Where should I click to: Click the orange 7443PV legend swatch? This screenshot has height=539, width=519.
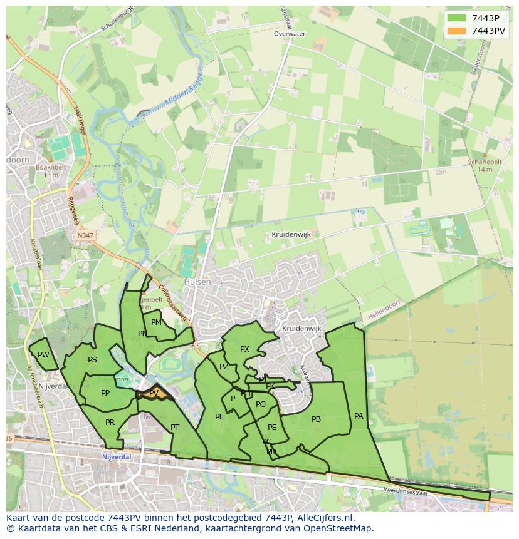pos(457,31)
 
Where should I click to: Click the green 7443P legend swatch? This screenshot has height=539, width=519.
pos(457,18)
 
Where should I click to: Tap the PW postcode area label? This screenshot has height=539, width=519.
pos(43,355)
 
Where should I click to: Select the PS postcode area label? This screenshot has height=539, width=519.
pos(92,360)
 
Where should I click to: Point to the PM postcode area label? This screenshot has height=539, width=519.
pos(156,322)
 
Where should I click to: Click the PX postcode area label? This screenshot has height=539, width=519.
pos(244,349)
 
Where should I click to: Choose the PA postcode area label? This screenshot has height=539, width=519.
pos(359,416)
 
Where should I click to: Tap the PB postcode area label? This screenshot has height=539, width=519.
pos(316,419)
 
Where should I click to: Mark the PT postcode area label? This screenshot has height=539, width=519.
pos(175,428)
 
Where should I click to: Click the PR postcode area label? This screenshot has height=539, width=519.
pos(110,423)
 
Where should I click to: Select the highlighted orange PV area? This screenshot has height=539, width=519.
pos(152,394)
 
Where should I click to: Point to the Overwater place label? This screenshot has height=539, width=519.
pos(289,34)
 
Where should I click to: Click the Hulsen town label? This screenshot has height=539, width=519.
pos(197,282)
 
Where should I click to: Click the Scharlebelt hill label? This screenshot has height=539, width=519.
pos(485,162)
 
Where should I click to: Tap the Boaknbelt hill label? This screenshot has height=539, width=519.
pos(51,167)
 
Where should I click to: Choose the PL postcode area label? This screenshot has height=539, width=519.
pos(219,417)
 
